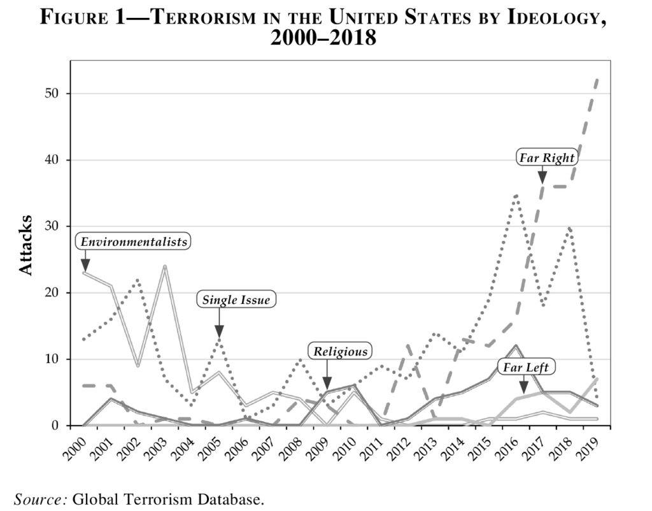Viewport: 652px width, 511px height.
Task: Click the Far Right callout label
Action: click(x=546, y=157)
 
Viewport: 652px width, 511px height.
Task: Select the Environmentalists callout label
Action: click(x=134, y=241)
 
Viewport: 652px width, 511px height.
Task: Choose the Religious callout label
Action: click(x=341, y=351)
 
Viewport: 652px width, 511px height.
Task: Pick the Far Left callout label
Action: click(x=526, y=367)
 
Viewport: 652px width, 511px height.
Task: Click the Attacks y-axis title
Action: click(x=25, y=245)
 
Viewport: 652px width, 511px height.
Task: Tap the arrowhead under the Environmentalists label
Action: click(x=85, y=264)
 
